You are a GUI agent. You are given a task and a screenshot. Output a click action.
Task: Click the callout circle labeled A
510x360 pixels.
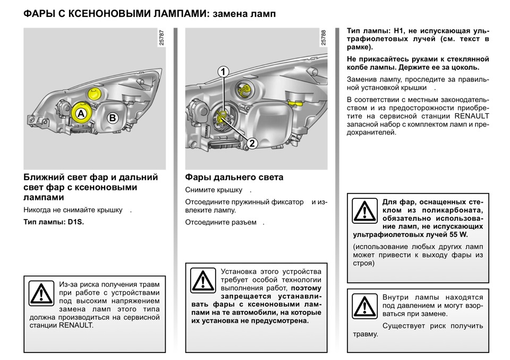point(80,114)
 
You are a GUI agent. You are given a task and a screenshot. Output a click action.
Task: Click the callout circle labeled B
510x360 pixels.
point(112,119)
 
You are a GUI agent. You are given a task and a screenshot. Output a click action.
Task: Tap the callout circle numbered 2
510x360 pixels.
point(252,143)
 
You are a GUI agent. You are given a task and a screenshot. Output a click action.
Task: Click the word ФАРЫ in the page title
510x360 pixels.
point(40,13)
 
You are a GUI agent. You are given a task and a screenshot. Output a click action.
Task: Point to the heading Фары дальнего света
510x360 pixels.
point(234,177)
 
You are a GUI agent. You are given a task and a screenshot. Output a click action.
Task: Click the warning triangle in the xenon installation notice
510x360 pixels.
point(202,280)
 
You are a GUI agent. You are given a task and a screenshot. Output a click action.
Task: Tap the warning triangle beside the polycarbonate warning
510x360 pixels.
point(364,211)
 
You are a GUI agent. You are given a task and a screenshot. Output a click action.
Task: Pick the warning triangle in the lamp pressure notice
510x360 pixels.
point(364,306)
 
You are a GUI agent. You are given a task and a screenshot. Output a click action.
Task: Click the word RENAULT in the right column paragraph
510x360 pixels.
point(472,115)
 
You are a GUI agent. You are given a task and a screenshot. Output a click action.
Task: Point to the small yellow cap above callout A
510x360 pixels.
point(94,95)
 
